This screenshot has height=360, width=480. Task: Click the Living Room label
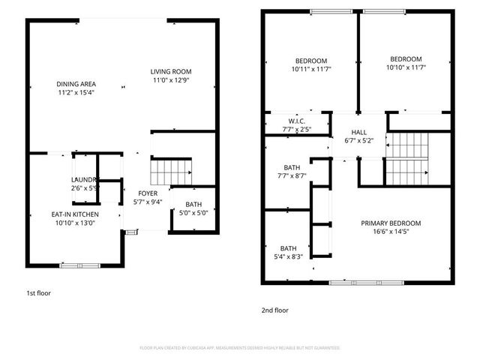tap(170, 71)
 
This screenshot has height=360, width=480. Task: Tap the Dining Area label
tap(76, 84)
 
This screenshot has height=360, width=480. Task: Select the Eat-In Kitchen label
tap(76, 214)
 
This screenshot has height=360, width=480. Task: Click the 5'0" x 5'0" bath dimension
tap(194, 212)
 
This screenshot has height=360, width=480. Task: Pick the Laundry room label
tap(85, 179)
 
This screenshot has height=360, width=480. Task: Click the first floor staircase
tap(171, 172)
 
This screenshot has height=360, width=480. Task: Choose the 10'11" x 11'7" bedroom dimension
tap(310, 69)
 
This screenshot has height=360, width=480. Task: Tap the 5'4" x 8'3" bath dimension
tap(289, 256)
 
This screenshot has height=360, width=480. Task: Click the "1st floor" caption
tap(38, 293)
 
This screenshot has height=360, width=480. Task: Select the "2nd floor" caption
tap(275, 310)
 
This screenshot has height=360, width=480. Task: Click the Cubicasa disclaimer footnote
tap(240, 348)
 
